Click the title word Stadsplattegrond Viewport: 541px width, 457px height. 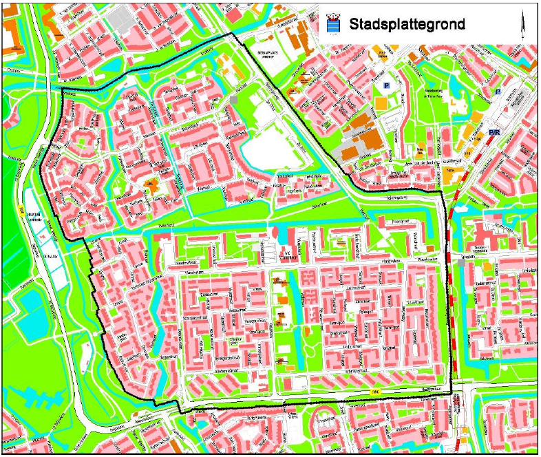point(407,24)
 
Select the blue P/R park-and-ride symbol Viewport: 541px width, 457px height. point(494,131)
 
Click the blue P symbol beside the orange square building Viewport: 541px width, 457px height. point(386,86)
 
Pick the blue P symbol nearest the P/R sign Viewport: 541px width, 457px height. point(498,91)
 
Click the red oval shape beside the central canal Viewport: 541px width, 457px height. point(276,234)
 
